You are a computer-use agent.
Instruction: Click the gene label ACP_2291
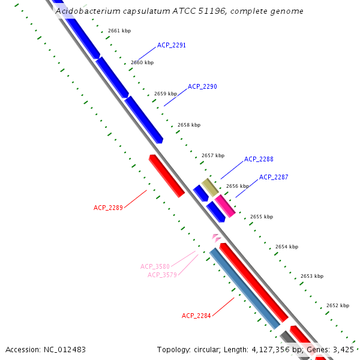tap(172, 45)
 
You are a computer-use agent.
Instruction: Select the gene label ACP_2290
tap(202, 86)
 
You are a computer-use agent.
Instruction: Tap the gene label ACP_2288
tap(259, 159)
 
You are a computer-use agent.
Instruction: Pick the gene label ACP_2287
tap(274, 177)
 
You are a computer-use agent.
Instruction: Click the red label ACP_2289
tap(108, 208)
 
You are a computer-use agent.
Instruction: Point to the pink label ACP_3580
tap(155, 266)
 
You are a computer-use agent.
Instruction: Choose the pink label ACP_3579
tap(162, 275)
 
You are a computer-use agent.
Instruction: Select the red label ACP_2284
tap(196, 316)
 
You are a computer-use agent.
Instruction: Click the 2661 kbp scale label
tap(119, 31)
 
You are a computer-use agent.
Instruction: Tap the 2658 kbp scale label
tap(188, 125)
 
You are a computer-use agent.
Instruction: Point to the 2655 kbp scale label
tap(261, 217)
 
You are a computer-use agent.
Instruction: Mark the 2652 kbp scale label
tap(337, 305)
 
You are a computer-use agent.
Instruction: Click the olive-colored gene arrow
tap(209, 187)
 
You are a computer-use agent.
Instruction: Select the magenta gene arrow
tap(225, 205)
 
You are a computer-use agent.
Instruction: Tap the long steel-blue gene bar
tap(244, 288)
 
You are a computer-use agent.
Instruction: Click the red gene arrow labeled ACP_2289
tap(167, 176)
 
